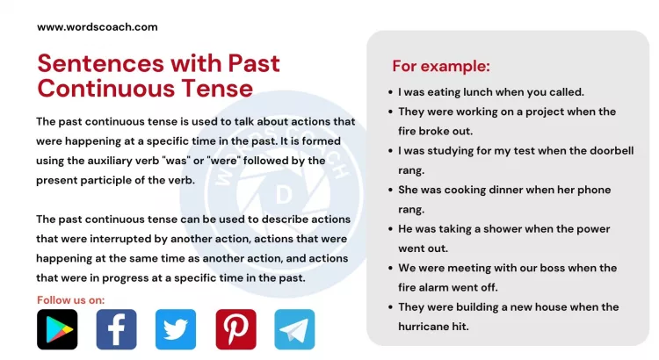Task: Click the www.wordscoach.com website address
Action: tap(98, 26)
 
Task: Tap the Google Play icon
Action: tap(57, 329)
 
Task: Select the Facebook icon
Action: tap(116, 329)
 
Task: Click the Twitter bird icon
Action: tap(176, 329)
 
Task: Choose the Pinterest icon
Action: tap(235, 329)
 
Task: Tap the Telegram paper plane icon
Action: tap(294, 329)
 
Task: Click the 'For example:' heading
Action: tap(440, 67)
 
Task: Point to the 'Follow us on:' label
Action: tap(70, 299)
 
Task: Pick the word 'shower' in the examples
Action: tap(497, 228)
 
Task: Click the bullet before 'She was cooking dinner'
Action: tap(389, 190)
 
